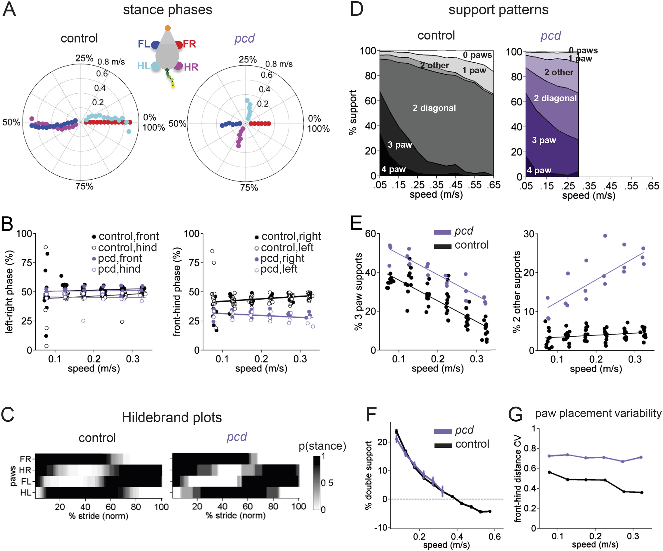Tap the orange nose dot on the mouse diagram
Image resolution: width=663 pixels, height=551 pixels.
click(x=168, y=28)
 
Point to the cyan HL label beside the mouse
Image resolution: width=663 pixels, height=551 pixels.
click(x=144, y=66)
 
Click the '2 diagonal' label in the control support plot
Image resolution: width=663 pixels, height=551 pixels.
click(x=434, y=108)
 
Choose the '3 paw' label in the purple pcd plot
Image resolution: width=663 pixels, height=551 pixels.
click(x=544, y=140)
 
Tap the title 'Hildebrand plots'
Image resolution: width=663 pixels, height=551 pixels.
click(x=172, y=417)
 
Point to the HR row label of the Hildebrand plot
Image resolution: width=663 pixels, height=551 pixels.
click(x=25, y=470)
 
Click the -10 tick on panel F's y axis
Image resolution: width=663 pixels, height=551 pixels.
click(x=380, y=527)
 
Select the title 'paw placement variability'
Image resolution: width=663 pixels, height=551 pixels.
click(x=598, y=413)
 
